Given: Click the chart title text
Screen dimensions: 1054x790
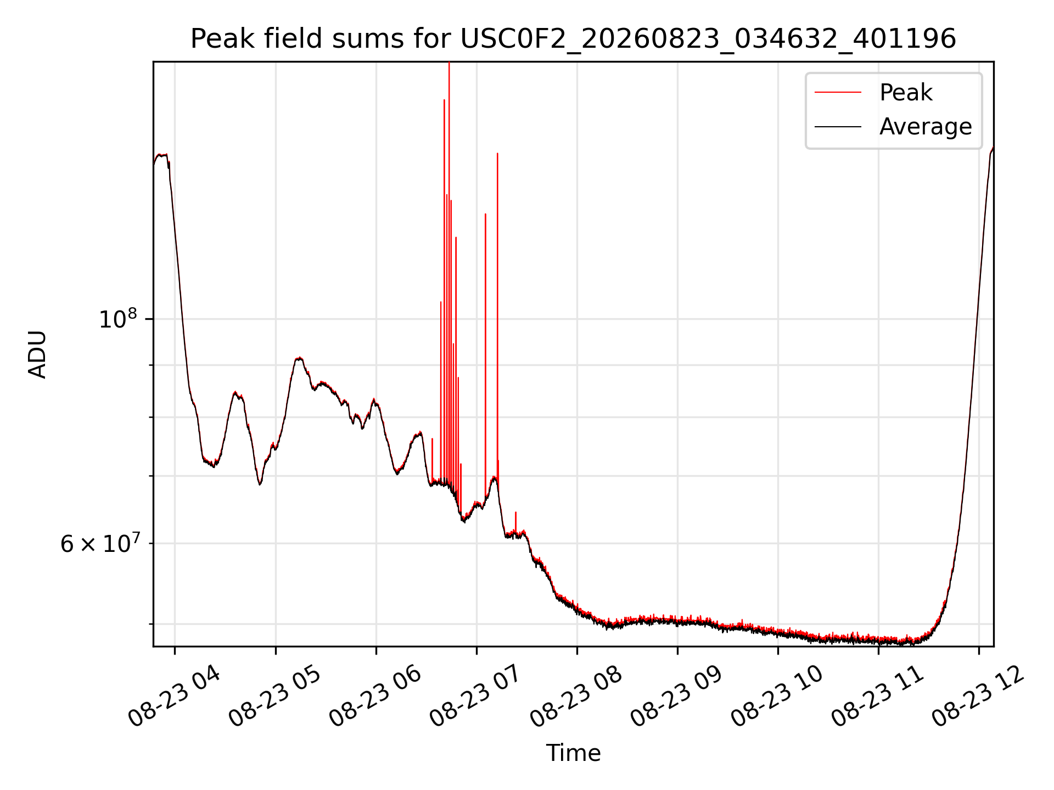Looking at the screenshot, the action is [573, 39].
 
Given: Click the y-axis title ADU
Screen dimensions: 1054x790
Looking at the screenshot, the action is [37, 354].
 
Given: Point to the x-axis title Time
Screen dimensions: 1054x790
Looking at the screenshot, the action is [573, 753].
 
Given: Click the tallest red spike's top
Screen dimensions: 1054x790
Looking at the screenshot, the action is [449, 63].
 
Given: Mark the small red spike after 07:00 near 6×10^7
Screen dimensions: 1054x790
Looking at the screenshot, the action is [515, 513].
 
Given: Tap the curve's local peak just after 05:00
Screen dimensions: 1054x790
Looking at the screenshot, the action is [299, 358].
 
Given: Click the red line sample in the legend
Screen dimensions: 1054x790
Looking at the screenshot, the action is [838, 92].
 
